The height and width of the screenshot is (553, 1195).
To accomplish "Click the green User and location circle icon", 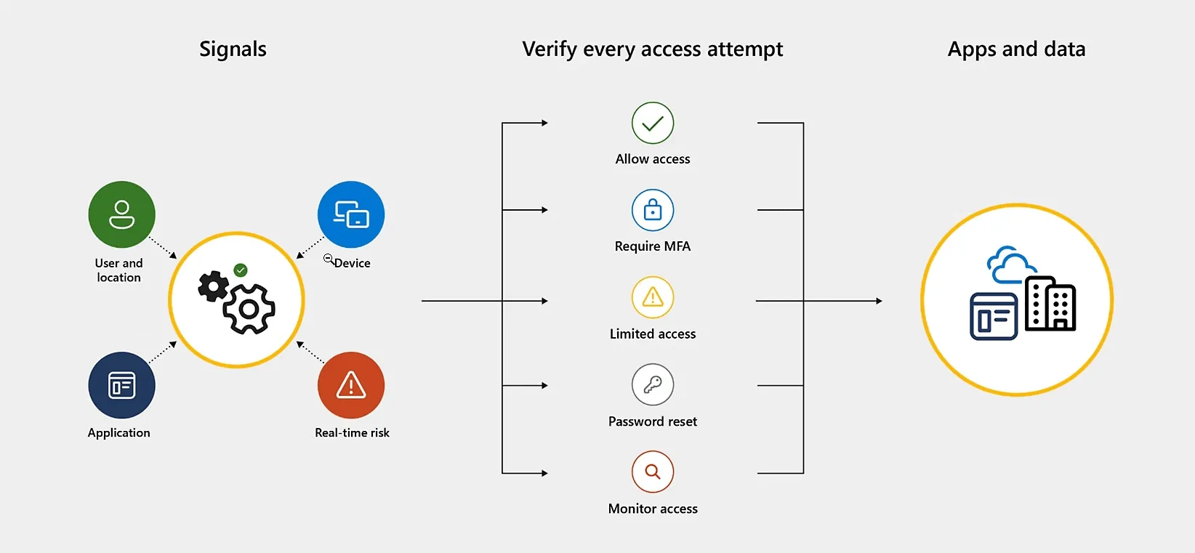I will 121,214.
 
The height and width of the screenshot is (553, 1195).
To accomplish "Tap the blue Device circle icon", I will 351,214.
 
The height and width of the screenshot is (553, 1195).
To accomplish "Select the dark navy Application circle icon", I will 121,385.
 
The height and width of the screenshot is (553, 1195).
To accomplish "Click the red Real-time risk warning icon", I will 351,385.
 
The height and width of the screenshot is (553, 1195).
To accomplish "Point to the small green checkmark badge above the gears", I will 241,270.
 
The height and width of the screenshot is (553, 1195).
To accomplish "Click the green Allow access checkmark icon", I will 653,123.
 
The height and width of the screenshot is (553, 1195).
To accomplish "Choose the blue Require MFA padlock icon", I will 653,210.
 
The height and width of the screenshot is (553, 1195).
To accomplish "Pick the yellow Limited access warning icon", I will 653,297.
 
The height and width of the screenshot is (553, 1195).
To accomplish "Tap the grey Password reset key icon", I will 653,384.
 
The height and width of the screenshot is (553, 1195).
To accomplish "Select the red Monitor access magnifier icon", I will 653,472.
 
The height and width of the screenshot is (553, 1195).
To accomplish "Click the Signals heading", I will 233,49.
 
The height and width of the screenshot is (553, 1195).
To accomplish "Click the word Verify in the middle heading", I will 549,49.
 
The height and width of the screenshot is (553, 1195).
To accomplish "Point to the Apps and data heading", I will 1016,49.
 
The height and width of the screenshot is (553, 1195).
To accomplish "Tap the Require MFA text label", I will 653,246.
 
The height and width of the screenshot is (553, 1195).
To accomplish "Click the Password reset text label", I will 653,421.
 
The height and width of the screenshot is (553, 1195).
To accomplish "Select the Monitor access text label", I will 653,509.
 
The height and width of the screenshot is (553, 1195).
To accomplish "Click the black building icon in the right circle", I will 1050,304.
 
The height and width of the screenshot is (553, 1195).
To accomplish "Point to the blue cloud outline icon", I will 1010,266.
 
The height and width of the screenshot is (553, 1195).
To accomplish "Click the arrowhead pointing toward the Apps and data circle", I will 879,301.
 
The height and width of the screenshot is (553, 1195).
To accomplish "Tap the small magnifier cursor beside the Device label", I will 329,259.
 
